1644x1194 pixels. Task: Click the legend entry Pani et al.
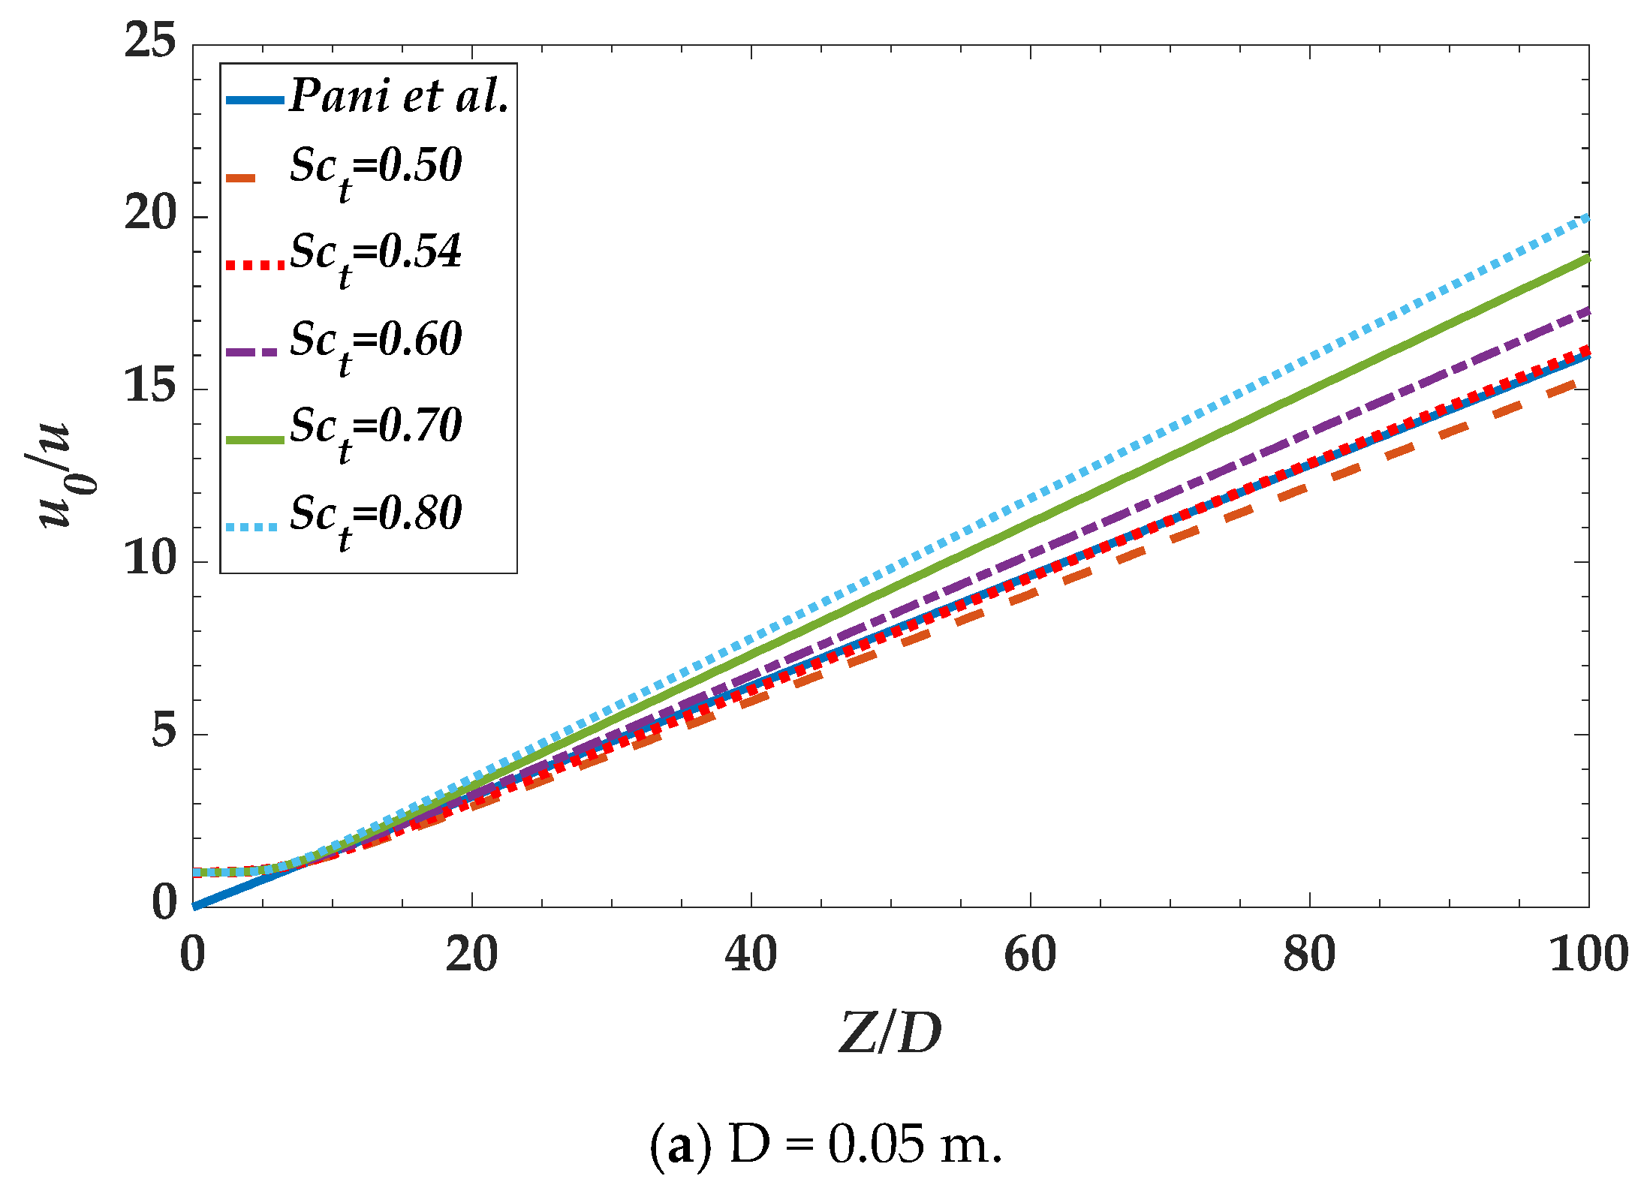tap(399, 97)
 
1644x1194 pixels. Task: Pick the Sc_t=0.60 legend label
tap(375, 344)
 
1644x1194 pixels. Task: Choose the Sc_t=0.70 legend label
tap(375, 431)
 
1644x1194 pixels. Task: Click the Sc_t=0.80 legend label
tap(375, 518)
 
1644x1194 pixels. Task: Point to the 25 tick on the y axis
tap(150, 41)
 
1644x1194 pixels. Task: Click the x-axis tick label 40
tap(751, 955)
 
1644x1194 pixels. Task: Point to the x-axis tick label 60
tap(1030, 955)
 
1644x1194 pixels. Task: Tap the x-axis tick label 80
tap(1309, 955)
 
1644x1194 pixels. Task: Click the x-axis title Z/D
tap(890, 1034)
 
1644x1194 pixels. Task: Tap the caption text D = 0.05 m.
tap(826, 1146)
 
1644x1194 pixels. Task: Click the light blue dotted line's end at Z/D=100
tap(1586, 218)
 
